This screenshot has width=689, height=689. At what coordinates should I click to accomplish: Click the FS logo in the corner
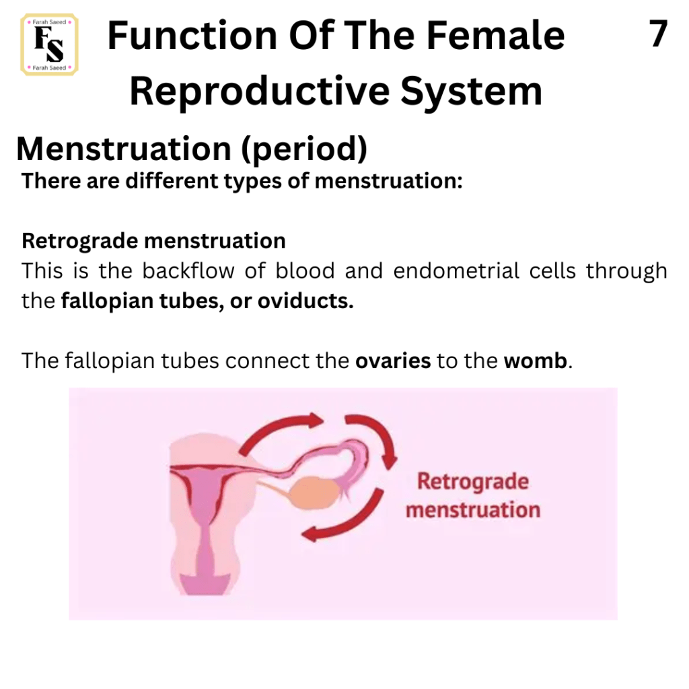click(x=49, y=45)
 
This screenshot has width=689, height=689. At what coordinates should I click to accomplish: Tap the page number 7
click(x=658, y=34)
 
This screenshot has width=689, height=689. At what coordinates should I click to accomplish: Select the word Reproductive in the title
click(x=260, y=92)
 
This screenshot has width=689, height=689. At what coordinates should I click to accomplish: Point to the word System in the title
click(x=471, y=92)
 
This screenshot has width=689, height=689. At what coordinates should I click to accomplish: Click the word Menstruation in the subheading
click(x=124, y=149)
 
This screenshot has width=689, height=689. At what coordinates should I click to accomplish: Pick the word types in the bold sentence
click(x=253, y=182)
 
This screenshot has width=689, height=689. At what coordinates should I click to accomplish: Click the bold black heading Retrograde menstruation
click(x=154, y=241)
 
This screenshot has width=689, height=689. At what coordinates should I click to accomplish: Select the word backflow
click(x=188, y=270)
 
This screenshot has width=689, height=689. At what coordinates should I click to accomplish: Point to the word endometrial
click(x=456, y=270)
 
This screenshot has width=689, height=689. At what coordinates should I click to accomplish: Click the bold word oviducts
click(x=305, y=301)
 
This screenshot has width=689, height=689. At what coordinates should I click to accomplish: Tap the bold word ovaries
click(x=393, y=361)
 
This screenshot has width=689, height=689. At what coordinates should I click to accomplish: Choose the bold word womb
click(x=535, y=361)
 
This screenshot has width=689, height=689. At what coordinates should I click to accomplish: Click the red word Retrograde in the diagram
click(x=473, y=481)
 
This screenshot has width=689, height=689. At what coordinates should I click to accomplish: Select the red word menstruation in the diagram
click(x=473, y=510)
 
